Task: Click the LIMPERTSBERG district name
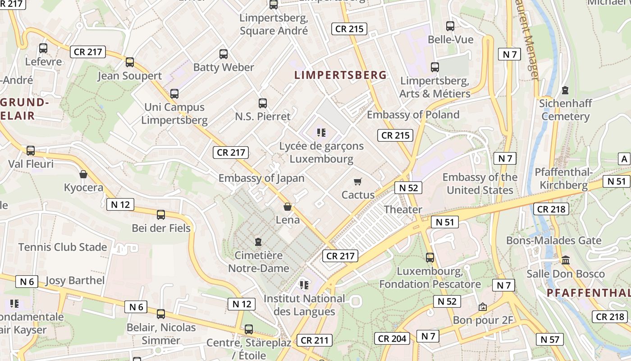coord(340,75)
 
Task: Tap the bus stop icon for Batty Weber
coord(224,54)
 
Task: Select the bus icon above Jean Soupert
coord(130,62)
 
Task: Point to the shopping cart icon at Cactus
coord(358,181)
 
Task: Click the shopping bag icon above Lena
coord(288,207)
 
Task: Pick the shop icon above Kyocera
coord(83,174)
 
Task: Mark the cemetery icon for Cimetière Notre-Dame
coord(258,242)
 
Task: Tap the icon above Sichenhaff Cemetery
coord(565,90)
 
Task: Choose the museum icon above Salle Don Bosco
coord(566,260)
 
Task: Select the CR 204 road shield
coord(393,338)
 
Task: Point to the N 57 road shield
coord(550,339)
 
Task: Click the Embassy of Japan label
coord(261,178)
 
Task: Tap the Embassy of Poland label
coord(413,115)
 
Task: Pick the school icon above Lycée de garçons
coord(321,133)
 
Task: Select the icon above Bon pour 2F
coord(483,307)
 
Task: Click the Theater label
coord(403,209)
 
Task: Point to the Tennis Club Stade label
coord(63,247)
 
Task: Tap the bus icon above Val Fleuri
coord(31,151)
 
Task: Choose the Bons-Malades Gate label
coord(553,240)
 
